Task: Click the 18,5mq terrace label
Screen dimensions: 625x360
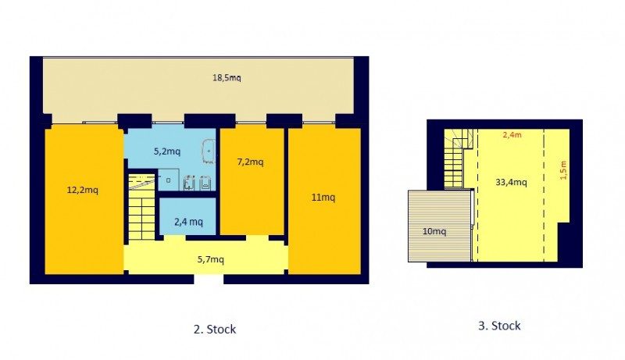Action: (x=227, y=77)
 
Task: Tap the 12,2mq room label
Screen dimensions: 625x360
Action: (x=83, y=190)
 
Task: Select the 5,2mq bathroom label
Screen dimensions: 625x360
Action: (x=167, y=151)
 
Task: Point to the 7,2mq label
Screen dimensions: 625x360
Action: (x=250, y=162)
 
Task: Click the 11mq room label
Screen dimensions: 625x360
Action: (x=323, y=197)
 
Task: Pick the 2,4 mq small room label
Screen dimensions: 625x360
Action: (x=188, y=222)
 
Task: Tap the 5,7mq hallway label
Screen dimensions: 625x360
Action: (x=210, y=259)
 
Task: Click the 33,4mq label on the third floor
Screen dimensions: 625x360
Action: (x=511, y=183)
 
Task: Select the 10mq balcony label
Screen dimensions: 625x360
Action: (x=434, y=231)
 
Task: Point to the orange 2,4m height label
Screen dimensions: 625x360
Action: (x=512, y=134)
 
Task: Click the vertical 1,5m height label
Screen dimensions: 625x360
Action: (x=562, y=170)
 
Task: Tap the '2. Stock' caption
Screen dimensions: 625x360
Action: (x=215, y=330)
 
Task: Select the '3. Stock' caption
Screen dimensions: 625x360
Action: (x=499, y=326)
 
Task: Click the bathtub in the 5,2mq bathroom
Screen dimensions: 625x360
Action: (x=209, y=151)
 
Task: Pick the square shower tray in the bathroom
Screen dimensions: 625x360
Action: (x=168, y=180)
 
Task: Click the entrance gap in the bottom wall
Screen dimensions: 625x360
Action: (x=209, y=279)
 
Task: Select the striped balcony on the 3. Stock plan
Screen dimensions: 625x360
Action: (x=440, y=226)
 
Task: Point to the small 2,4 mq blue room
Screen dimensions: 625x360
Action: (x=187, y=216)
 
